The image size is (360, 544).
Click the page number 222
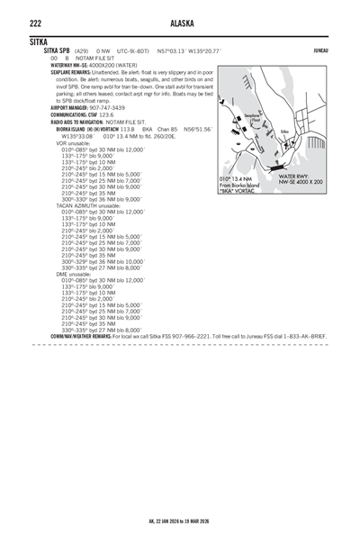(35, 23)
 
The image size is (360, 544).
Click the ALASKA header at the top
(180, 23)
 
